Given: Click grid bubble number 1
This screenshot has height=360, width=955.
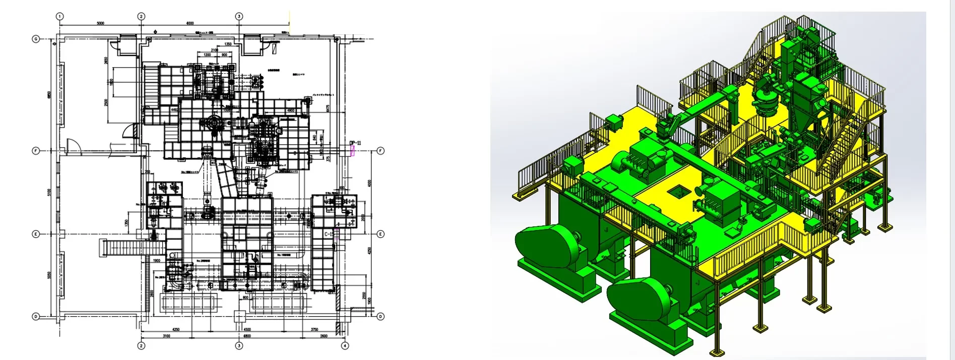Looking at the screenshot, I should click(60, 16).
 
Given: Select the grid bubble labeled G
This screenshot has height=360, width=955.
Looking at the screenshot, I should click(36, 39).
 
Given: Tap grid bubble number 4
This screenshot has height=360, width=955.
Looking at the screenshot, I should click(345, 346).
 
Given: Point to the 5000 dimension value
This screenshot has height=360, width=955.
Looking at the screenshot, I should click(100, 23).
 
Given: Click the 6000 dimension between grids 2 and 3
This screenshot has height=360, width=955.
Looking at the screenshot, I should click(190, 23).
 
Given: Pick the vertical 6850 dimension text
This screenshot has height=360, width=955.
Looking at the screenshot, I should click(49, 95).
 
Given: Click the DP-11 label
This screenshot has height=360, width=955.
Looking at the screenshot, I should click(355, 143).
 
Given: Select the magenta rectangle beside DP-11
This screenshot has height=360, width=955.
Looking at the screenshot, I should click(352, 151).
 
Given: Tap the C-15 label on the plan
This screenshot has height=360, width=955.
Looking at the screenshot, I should click(329, 234).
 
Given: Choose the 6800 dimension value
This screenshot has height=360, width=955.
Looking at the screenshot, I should click(247, 336).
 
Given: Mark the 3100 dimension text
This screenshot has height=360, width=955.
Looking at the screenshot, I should click(166, 336).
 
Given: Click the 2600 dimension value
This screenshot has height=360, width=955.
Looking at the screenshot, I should click(324, 336).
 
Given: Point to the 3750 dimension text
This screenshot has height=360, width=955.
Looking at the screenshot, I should click(314, 330).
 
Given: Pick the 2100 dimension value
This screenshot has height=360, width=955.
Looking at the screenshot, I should click(214, 50).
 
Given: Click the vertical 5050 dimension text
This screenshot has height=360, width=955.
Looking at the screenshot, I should click(49, 275).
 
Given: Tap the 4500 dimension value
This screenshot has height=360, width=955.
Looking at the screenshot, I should click(247, 330).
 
